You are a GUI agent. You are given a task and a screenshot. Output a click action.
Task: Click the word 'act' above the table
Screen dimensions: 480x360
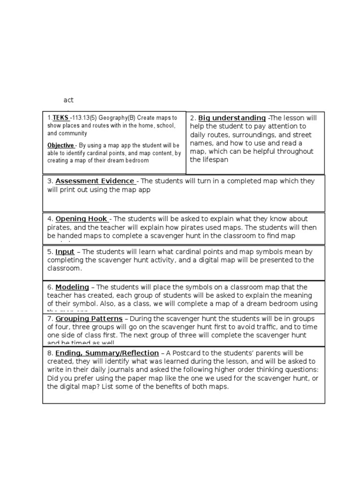pyautogui.click(x=68, y=100)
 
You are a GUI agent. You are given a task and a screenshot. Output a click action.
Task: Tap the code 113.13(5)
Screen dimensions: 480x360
pyautogui.click(x=84, y=118)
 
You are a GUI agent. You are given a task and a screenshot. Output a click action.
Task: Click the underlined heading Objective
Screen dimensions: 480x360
pyautogui.click(x=60, y=145)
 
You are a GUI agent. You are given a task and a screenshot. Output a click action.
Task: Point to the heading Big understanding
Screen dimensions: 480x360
pyautogui.click(x=232, y=118)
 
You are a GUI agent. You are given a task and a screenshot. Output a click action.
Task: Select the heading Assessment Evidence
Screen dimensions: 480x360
pyautogui.click(x=95, y=181)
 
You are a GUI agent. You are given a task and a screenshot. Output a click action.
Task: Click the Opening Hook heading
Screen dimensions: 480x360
pyautogui.click(x=82, y=218)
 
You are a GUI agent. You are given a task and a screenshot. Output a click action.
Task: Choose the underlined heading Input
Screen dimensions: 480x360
pyautogui.click(x=65, y=252)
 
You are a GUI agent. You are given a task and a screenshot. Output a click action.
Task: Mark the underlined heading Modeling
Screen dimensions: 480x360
pyautogui.click(x=72, y=287)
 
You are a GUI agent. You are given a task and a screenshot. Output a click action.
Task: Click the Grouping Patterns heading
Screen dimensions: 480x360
pyautogui.click(x=89, y=318)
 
